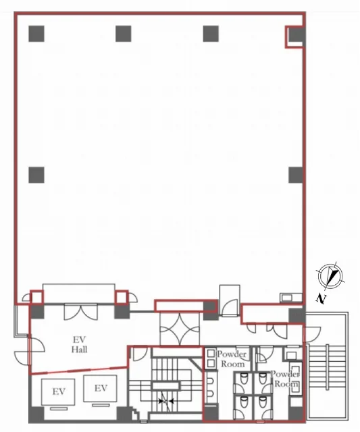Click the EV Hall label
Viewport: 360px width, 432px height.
(x=80, y=344)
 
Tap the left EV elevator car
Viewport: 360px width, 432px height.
(x=58, y=391)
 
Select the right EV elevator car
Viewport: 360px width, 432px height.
(x=101, y=389)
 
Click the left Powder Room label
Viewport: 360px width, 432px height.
(x=231, y=359)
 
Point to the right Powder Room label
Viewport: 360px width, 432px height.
(x=285, y=379)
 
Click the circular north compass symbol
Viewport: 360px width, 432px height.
(x=330, y=276)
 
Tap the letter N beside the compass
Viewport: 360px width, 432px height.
(x=321, y=298)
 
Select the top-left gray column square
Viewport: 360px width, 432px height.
(x=36, y=34)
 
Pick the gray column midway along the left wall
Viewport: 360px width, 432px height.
(x=36, y=175)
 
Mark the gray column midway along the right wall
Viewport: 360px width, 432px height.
(x=296, y=175)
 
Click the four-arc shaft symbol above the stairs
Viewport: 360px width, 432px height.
(x=180, y=329)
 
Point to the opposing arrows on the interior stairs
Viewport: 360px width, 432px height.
(x=166, y=402)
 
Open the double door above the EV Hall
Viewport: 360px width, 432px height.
(x=81, y=312)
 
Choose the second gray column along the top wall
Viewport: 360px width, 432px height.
(x=123, y=34)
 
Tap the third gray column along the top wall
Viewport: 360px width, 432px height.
(x=211, y=34)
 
